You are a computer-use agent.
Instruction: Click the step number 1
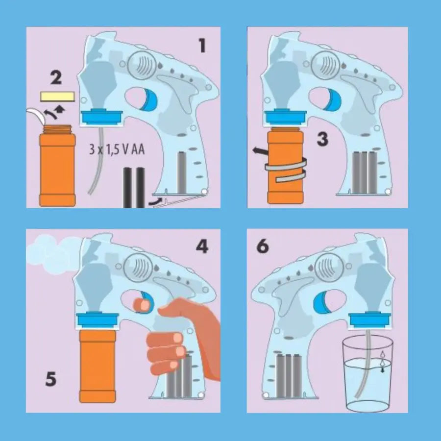pos(202,46)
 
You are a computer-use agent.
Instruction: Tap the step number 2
pos(56,77)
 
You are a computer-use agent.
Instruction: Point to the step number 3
pos(322,139)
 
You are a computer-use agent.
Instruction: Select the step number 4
pos(202,246)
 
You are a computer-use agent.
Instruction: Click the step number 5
pos(51,379)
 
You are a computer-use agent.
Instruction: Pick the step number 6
pos(263,246)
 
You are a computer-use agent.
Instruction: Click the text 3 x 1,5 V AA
pos(117,149)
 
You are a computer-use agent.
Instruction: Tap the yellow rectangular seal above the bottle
pos(58,97)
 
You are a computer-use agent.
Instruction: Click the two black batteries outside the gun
pos(134,188)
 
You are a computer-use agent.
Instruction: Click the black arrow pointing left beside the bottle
pos(260,151)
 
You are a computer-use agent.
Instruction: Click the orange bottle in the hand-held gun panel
pos(98,366)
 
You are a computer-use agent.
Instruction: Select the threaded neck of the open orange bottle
pos(58,129)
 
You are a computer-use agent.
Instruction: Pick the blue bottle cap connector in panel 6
pos(370,320)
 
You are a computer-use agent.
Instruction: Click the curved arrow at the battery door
pos(156,201)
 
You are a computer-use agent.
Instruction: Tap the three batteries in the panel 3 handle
pos(365,172)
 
